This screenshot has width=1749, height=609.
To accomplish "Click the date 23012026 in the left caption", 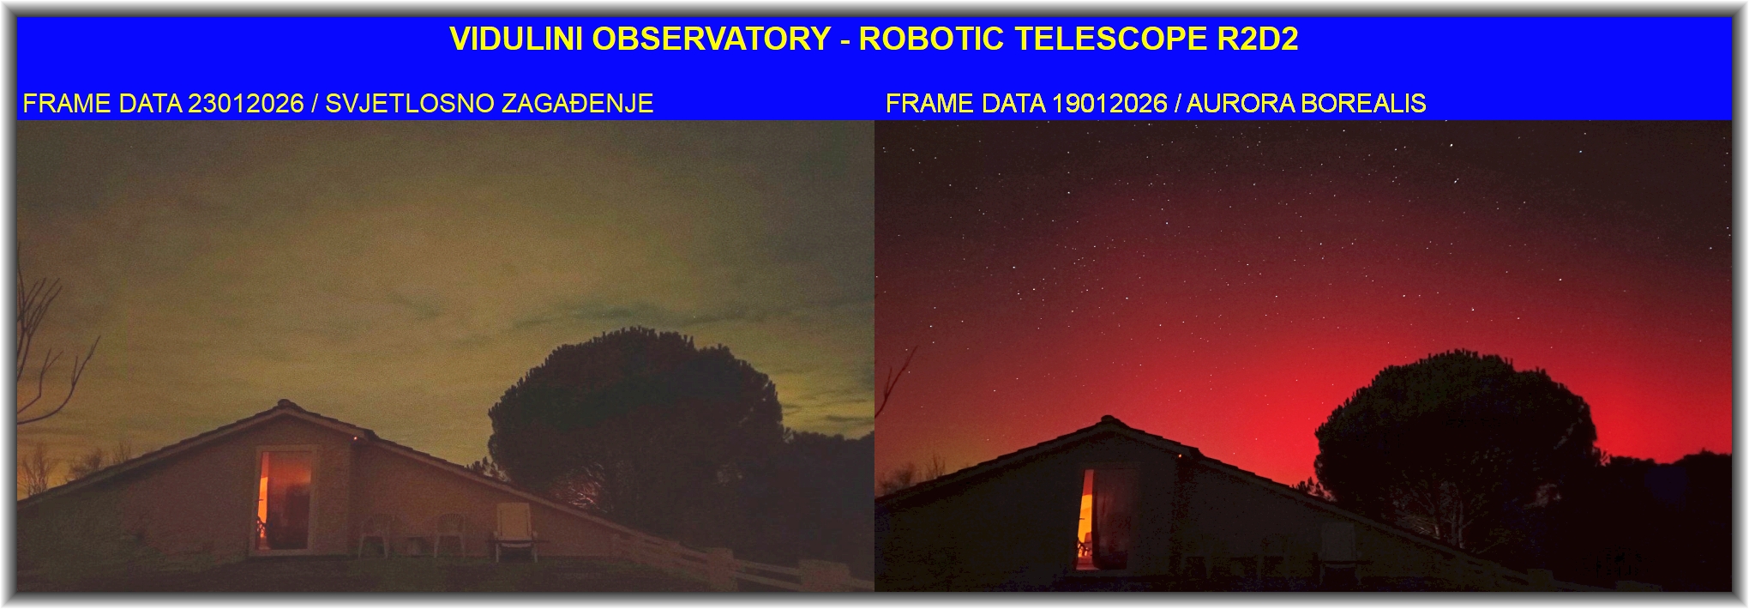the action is (x=245, y=104).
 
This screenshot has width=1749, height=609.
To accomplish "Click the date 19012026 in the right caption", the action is (x=1109, y=104).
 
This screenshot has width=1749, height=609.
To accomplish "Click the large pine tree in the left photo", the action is (x=634, y=420).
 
